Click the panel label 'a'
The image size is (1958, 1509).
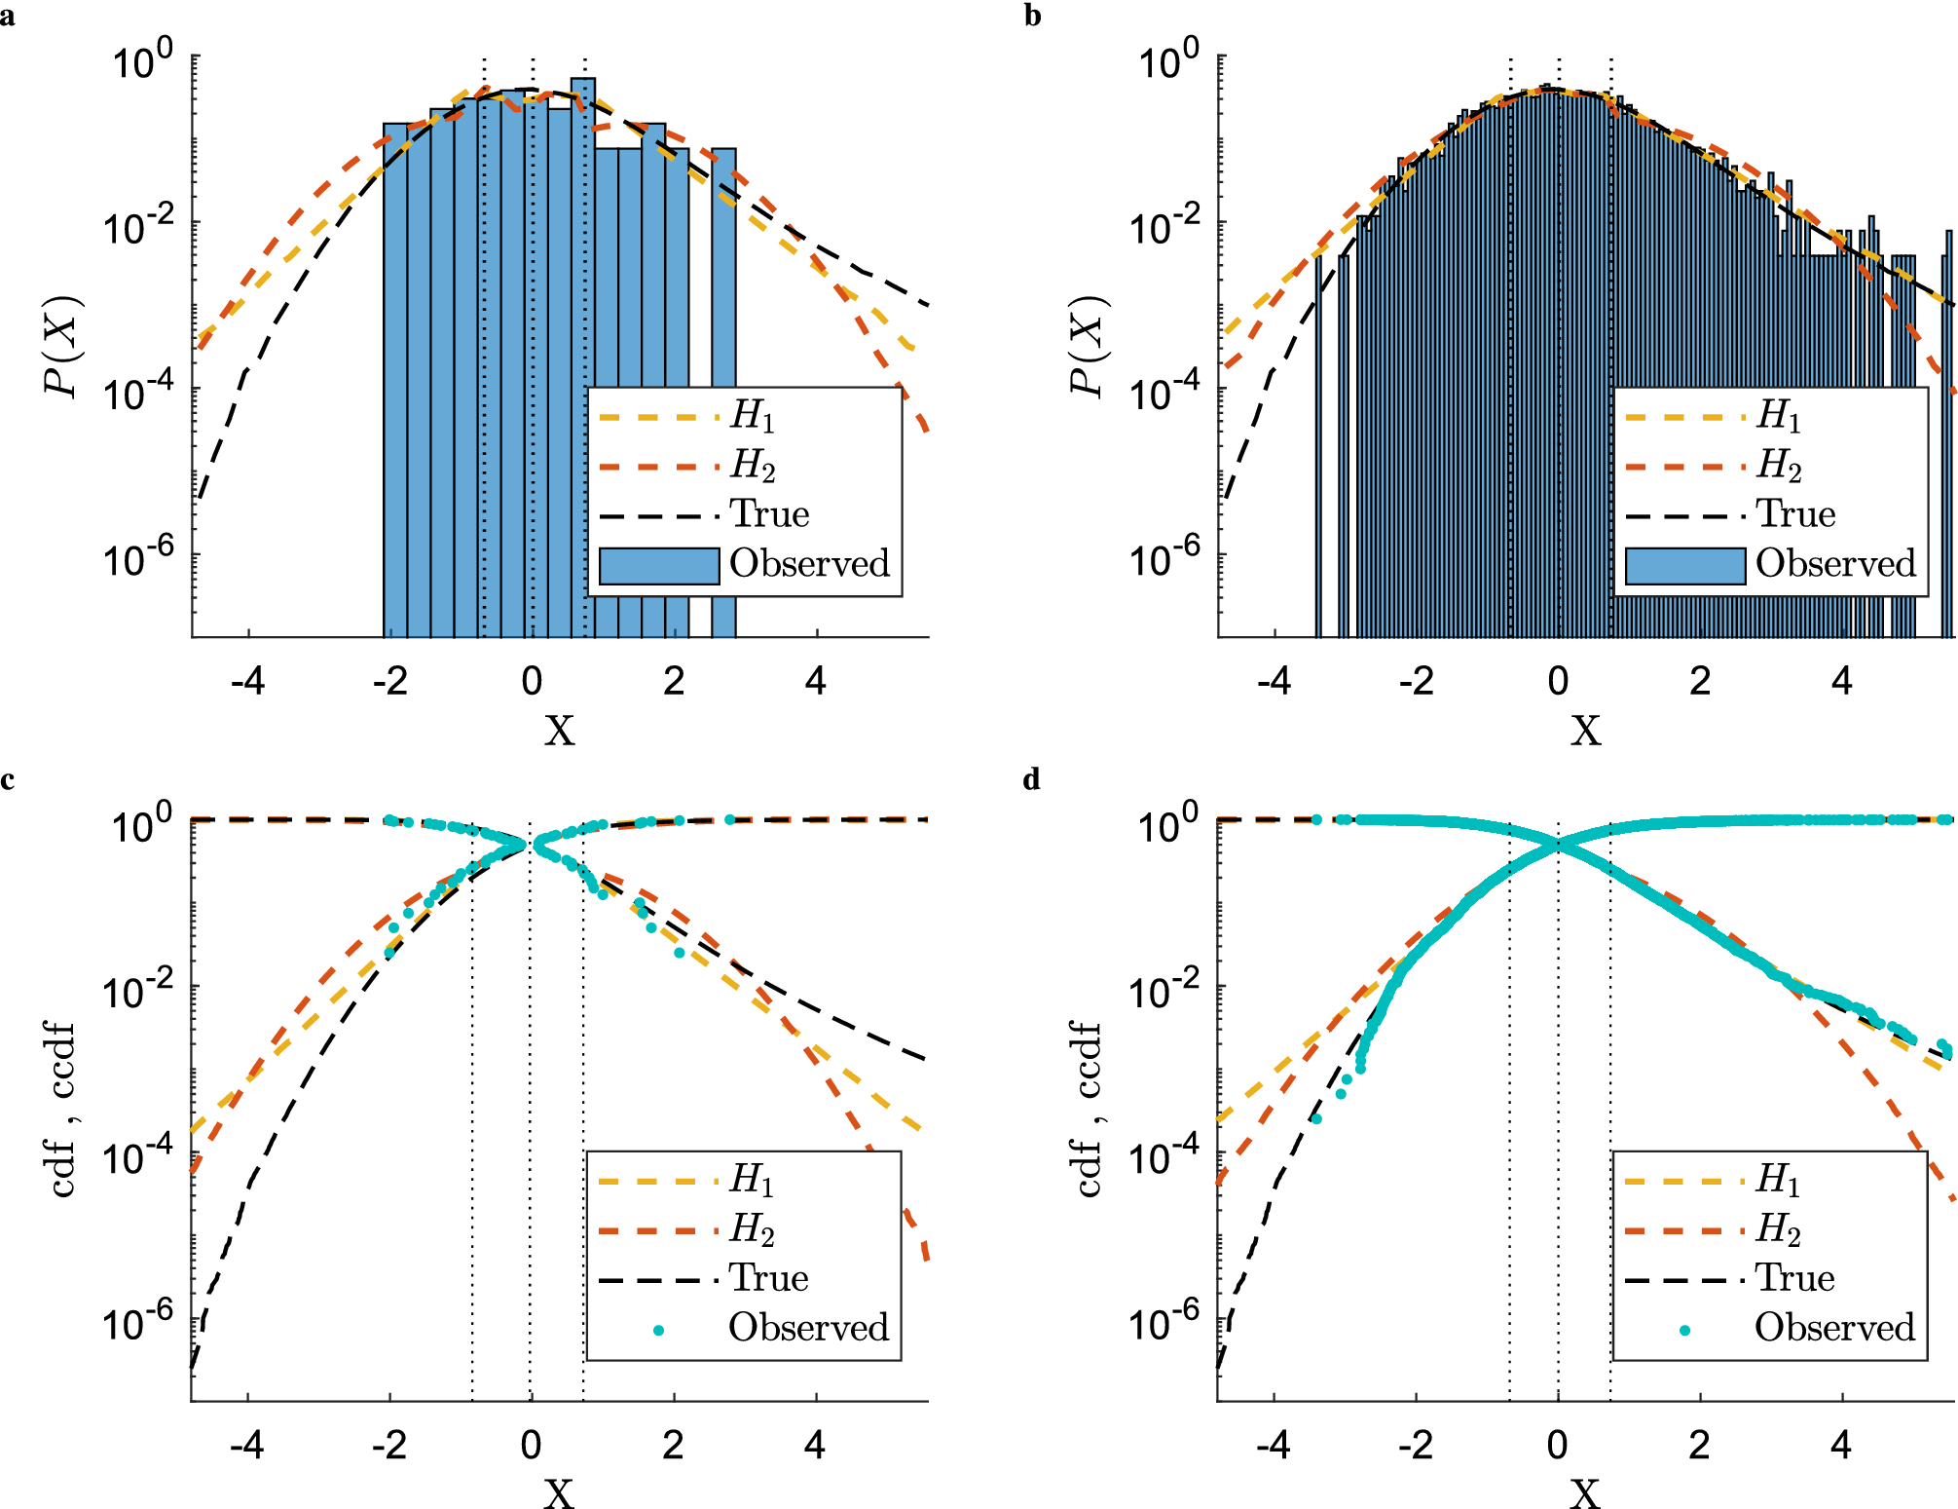coord(8,18)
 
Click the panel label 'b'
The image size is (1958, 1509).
coord(1033,18)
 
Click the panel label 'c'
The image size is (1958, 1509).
coord(8,780)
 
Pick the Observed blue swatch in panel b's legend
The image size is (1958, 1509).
coord(1684,565)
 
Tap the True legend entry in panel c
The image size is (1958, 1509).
coord(768,1279)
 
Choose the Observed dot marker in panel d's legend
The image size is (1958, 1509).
coord(1685,1330)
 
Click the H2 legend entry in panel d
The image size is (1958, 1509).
coord(1778,1230)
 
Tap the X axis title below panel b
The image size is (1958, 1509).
coord(1585,731)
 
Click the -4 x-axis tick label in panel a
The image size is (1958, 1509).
coord(247,682)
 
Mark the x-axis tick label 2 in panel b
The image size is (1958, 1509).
coord(1700,682)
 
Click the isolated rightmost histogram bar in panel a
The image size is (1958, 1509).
coord(723,390)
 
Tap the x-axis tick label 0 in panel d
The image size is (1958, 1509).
coord(1558,1446)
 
